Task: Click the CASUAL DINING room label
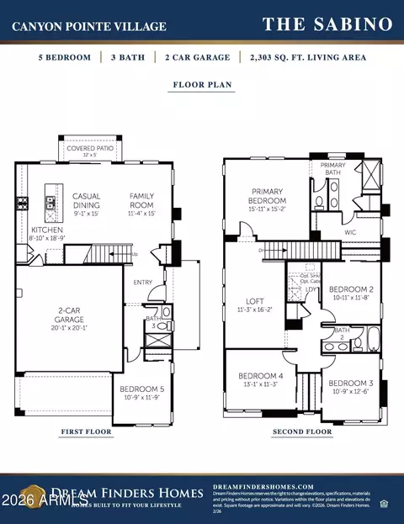click(x=87, y=201)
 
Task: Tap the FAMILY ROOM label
click(x=141, y=201)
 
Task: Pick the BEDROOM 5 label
click(x=141, y=389)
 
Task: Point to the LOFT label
click(x=255, y=300)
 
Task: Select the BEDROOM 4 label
click(x=258, y=376)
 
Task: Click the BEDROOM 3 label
click(x=350, y=384)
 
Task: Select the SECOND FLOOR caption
click(x=302, y=432)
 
